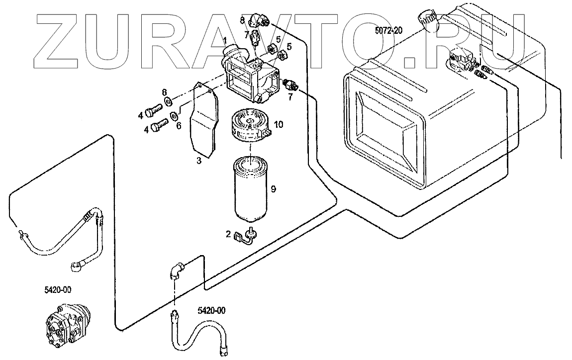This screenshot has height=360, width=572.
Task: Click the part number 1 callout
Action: point(225,40)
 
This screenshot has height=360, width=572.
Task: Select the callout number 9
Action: point(273,189)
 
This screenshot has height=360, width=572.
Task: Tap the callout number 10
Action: point(279,124)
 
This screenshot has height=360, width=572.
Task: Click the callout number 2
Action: point(228,234)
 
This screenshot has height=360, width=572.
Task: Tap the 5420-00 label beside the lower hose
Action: point(211,311)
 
